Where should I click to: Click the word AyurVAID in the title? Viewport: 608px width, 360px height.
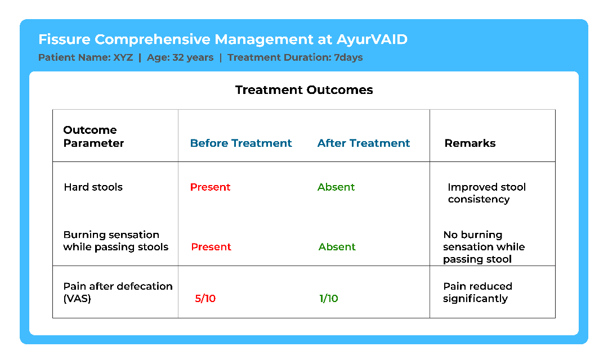pos(372,39)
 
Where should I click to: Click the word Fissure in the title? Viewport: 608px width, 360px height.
pos(64,39)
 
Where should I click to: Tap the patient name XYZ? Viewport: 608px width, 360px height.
pos(123,57)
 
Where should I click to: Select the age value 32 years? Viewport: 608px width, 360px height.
pos(193,57)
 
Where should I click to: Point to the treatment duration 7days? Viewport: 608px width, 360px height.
pos(348,57)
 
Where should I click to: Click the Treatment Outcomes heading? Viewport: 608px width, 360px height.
pos(304,90)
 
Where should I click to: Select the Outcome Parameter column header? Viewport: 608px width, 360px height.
pos(93,136)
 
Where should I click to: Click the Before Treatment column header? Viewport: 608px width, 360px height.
pos(241,143)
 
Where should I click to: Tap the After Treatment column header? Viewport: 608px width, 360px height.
pos(363,143)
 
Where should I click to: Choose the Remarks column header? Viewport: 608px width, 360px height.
pos(470,143)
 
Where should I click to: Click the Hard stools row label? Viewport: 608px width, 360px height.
pos(93,187)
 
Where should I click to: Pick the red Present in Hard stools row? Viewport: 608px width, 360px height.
pos(210,187)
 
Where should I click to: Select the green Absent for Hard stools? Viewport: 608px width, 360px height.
pos(336,187)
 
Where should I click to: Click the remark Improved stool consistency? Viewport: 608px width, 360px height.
pos(486,193)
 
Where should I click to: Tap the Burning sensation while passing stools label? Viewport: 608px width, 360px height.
pos(115,241)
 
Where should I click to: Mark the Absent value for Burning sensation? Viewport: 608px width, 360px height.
pos(337,247)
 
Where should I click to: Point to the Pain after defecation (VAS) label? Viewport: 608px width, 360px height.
pos(118,292)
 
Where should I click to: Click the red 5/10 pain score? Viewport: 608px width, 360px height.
pos(205,298)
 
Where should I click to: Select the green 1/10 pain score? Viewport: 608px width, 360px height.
pos(328,298)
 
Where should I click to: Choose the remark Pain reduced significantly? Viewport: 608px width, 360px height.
pos(478,292)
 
